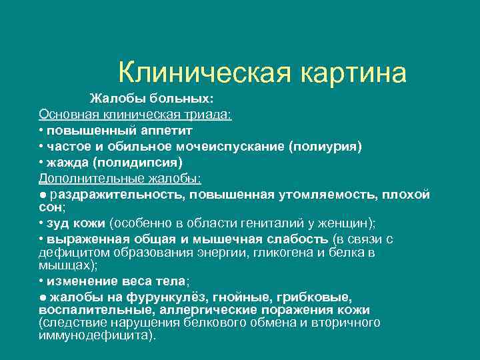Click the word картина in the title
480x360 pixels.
click(353, 73)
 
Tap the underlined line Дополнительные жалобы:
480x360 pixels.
click(120, 178)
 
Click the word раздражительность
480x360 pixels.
click(118, 194)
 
